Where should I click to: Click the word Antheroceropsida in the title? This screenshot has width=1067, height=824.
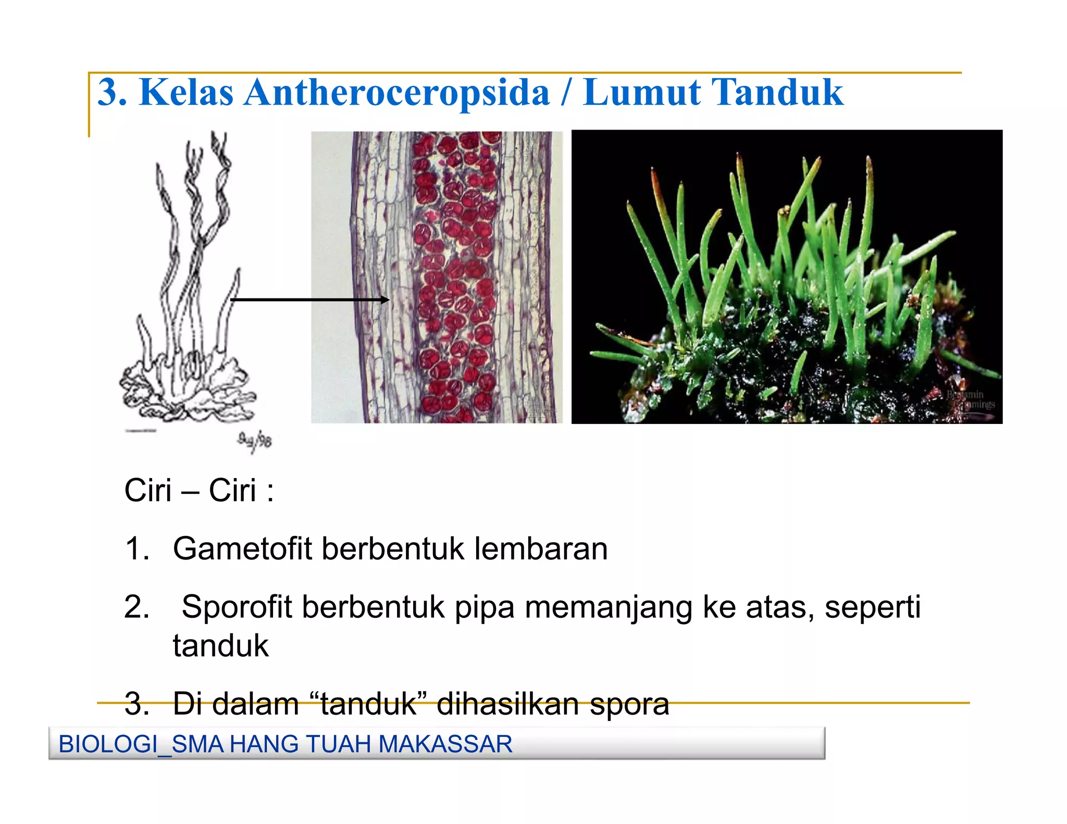pyautogui.click(x=396, y=93)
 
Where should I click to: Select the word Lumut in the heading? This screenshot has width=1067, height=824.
pyautogui.click(x=641, y=93)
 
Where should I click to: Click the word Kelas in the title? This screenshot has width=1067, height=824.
pyautogui.click(x=186, y=93)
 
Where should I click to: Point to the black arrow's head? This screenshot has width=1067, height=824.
pyautogui.click(x=386, y=299)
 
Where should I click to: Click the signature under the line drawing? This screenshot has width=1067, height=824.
pyautogui.click(x=255, y=441)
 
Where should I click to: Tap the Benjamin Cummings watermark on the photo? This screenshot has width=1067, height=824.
pyautogui.click(x=970, y=399)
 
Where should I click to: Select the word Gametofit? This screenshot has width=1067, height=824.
pyautogui.click(x=242, y=549)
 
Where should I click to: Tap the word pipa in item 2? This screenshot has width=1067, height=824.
pyautogui.click(x=485, y=607)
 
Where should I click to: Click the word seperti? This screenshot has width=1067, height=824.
pyautogui.click(x=873, y=607)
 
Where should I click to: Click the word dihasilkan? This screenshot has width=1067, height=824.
pyautogui.click(x=508, y=704)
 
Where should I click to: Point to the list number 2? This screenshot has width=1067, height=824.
pyautogui.click(x=137, y=607)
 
